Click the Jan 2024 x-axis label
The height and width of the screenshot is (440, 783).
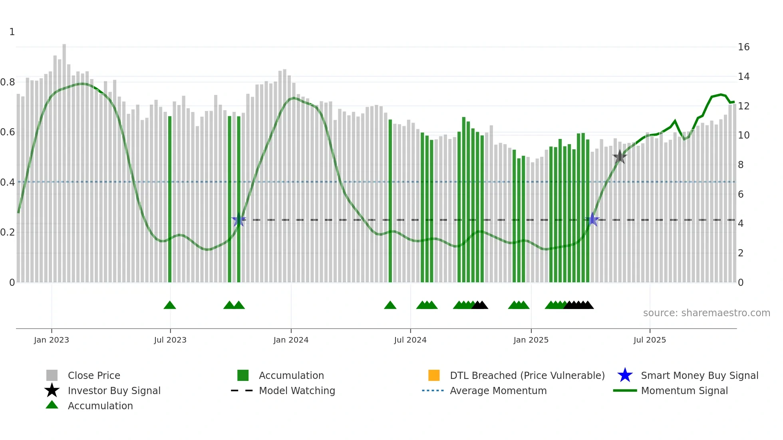click(x=291, y=340)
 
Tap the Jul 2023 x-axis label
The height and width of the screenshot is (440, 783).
click(x=170, y=340)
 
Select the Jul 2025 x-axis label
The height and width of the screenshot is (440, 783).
click(x=650, y=340)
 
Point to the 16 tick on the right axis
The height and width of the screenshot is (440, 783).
click(x=743, y=47)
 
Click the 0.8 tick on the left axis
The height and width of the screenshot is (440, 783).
click(x=8, y=82)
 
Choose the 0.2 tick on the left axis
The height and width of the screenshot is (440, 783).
click(x=8, y=232)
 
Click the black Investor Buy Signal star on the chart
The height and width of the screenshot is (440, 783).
click(x=620, y=157)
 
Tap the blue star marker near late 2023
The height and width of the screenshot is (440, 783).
click(x=238, y=220)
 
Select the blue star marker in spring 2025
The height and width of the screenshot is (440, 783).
click(x=592, y=220)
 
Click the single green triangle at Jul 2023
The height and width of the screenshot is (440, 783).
click(x=170, y=305)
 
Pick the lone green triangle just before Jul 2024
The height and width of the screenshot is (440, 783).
click(x=390, y=305)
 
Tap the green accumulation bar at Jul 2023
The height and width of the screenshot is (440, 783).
click(x=170, y=200)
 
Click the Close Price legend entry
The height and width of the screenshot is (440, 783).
click(x=93, y=375)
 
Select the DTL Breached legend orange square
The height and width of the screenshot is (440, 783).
click(x=434, y=375)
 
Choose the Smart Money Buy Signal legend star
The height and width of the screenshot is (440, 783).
click(x=625, y=375)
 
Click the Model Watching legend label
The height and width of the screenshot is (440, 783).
click(x=297, y=390)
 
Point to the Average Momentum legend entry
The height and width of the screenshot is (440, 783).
click(x=498, y=390)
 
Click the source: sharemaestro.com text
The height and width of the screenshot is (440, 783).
click(x=706, y=313)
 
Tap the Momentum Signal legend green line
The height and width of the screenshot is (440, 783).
click(x=625, y=390)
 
